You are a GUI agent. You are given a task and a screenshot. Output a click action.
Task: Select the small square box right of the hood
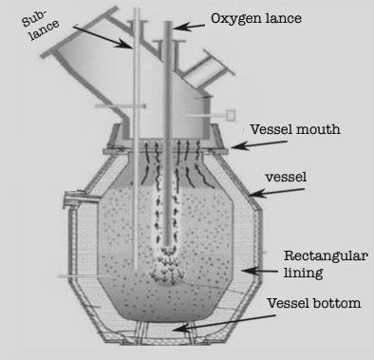click(230, 115)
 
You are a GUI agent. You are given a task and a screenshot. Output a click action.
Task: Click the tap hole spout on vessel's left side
click(69, 200)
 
